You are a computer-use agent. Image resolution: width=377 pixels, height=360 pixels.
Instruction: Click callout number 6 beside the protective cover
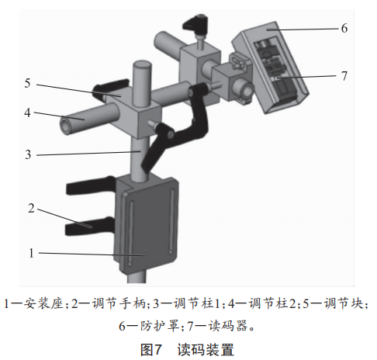[x=344, y=28]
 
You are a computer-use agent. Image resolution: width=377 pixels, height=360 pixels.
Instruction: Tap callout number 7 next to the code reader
[x=344, y=76]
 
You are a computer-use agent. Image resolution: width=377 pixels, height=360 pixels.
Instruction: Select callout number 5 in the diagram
[x=27, y=83]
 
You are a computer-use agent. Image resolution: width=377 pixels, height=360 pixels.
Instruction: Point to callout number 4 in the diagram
[x=27, y=112]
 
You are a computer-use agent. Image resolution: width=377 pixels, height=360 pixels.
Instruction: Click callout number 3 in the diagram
[x=28, y=154]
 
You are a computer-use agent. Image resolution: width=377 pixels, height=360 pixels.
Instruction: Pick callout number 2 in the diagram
[x=31, y=208]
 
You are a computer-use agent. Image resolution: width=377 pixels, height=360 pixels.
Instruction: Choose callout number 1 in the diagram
[x=31, y=253]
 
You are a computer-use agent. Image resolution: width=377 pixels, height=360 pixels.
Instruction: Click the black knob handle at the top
[x=195, y=25]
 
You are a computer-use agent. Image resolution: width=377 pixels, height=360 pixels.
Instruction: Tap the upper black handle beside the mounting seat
[x=91, y=185]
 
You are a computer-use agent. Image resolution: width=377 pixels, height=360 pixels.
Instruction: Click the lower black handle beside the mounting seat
[x=89, y=227]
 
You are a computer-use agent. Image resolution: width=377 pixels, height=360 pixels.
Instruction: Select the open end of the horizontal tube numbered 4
[x=67, y=125]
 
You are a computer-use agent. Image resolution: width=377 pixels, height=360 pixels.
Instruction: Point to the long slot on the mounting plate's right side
[x=171, y=223]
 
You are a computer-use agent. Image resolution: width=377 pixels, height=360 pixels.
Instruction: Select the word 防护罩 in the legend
[x=160, y=326]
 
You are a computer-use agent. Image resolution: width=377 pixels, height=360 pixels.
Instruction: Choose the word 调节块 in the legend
[x=344, y=303]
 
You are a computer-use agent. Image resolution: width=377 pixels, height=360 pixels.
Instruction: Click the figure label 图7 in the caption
[x=151, y=349]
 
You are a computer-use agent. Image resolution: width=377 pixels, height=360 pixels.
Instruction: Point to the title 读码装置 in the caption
[x=206, y=349]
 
